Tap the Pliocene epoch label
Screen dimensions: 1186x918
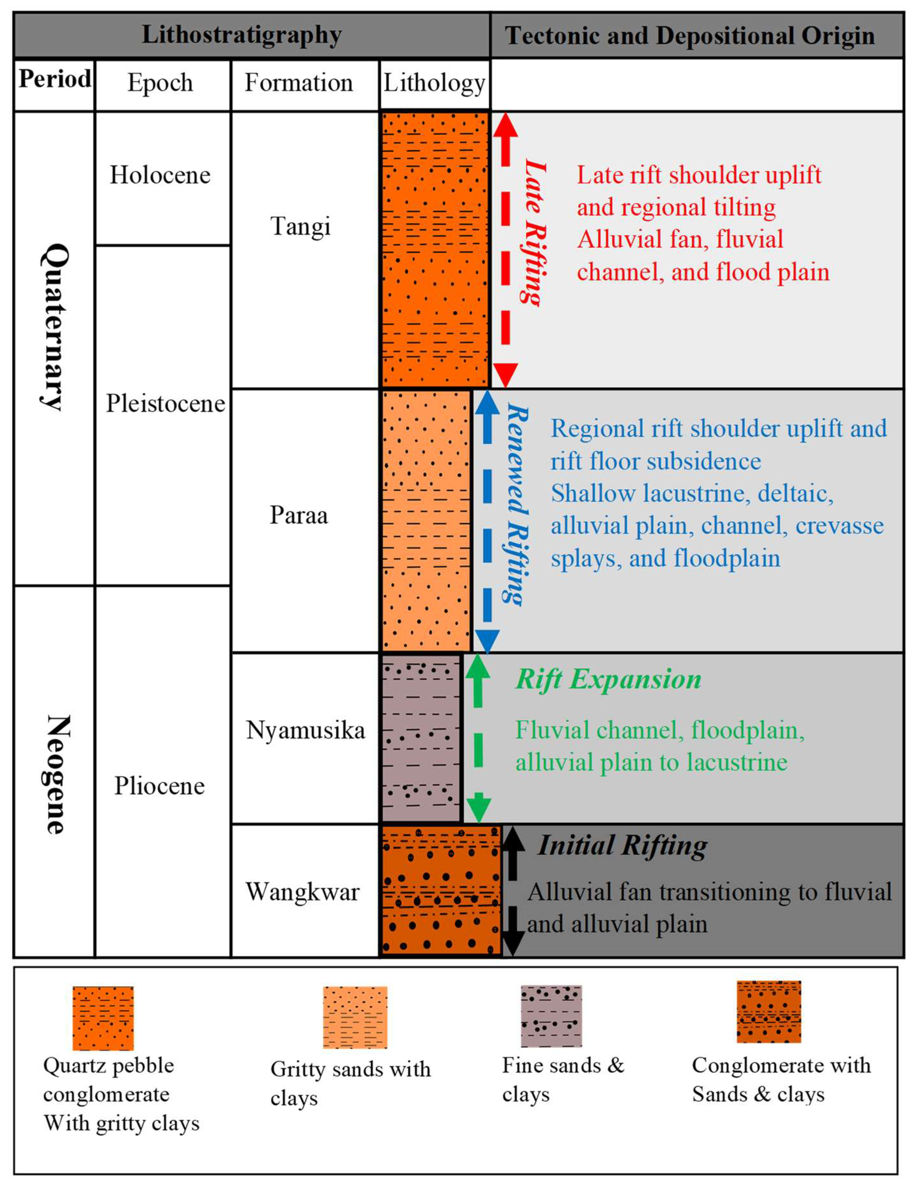pos(159,786)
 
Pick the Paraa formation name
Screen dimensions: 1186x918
pos(299,515)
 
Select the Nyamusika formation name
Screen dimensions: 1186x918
pos(305,730)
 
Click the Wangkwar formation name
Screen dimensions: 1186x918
pos(303,892)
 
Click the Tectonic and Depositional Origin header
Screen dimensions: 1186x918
pos(690,36)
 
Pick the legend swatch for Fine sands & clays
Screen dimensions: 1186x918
pos(551,1016)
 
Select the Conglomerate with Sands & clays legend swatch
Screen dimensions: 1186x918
pos(769,1012)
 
